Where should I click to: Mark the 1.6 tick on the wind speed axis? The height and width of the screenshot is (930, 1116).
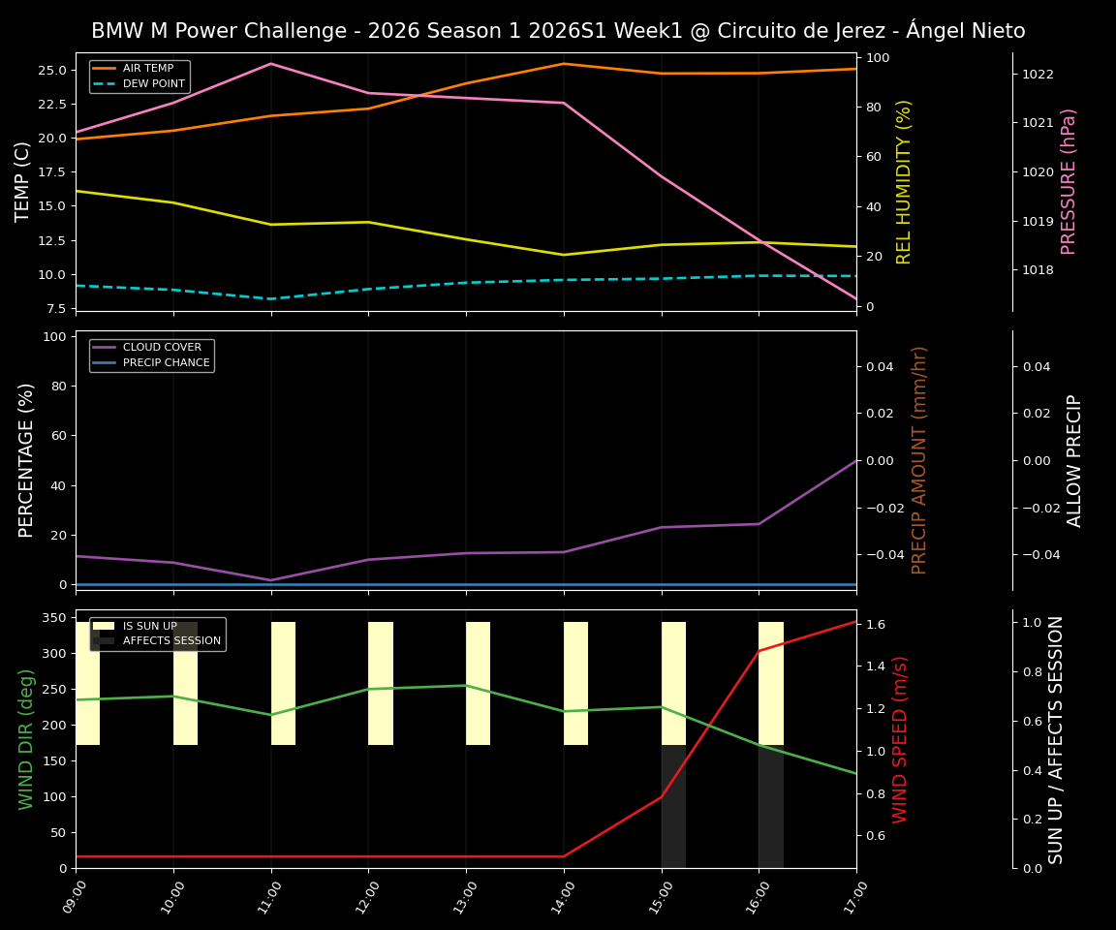[x=877, y=625]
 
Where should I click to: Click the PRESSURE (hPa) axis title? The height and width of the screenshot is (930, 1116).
[x=1069, y=181]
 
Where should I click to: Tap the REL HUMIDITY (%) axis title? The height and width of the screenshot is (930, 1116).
[x=905, y=181]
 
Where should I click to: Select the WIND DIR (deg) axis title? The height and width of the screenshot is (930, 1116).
[x=26, y=738]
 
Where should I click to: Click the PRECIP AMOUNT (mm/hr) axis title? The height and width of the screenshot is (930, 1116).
[x=920, y=460]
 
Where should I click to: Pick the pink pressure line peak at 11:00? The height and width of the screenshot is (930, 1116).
[x=271, y=64]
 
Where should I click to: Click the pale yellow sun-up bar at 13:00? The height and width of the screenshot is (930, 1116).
[x=478, y=683]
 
